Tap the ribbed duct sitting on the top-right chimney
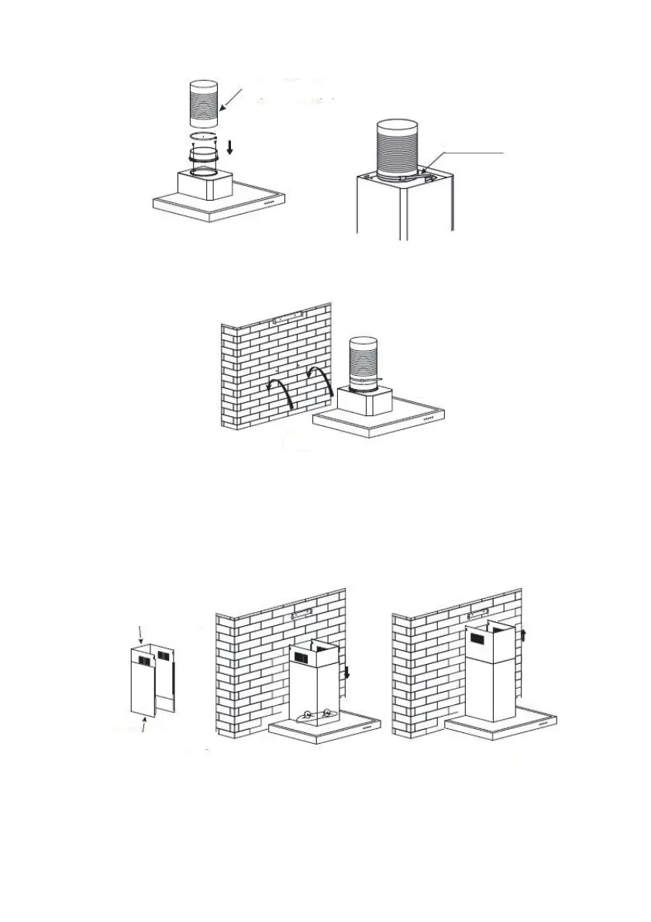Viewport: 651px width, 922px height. (x=401, y=149)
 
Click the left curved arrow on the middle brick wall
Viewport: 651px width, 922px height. (x=281, y=387)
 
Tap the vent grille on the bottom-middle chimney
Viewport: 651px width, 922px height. (x=302, y=657)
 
